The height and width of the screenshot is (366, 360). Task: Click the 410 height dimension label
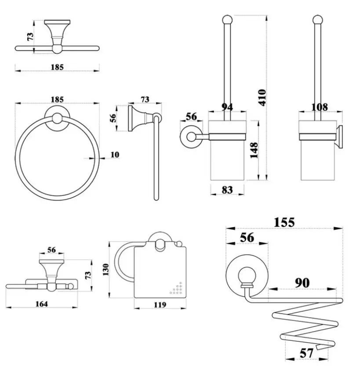[262, 98]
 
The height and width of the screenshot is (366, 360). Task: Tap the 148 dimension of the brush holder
[254, 150]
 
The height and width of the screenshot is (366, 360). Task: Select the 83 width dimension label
[227, 190]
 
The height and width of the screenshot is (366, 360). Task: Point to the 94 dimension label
[227, 107]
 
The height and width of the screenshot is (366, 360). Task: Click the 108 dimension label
[320, 107]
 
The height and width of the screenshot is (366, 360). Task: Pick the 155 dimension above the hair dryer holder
[284, 222]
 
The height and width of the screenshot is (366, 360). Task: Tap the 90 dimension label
[302, 283]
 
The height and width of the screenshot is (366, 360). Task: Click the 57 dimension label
[306, 353]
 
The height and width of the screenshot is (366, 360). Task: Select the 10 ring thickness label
[115, 154]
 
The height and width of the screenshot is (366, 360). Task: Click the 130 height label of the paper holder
[106, 270]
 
